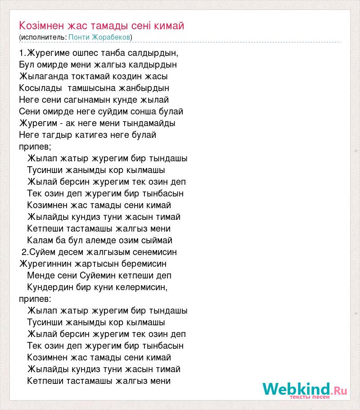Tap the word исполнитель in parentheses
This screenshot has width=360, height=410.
click(x=43, y=36)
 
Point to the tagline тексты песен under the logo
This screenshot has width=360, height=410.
click(x=310, y=397)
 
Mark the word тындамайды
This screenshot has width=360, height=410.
click(x=150, y=123)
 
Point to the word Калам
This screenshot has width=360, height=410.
click(x=39, y=240)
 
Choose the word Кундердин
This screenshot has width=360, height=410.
click(x=48, y=287)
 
